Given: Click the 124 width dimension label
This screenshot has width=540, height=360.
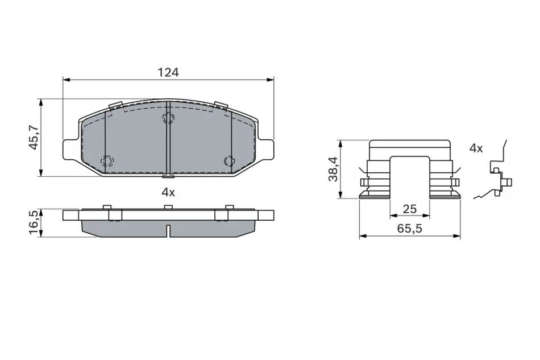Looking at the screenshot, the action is point(168,72).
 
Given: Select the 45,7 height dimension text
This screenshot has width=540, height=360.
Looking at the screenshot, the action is point(34,138).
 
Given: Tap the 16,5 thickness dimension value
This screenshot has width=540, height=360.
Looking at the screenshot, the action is point(34,224).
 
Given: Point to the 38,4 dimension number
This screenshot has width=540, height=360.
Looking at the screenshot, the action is point(333,169).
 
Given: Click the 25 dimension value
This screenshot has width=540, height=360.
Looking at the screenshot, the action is point(409,209).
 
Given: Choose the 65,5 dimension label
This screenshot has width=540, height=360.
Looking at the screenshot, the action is point(409,229).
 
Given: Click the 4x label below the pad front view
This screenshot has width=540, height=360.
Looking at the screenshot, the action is point(168,193).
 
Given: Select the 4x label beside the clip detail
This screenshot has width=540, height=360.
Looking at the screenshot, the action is point(476,148).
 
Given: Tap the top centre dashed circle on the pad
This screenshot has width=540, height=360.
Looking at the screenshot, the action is point(168,118).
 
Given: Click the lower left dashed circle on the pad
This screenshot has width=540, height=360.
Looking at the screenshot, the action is point(107,160).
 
